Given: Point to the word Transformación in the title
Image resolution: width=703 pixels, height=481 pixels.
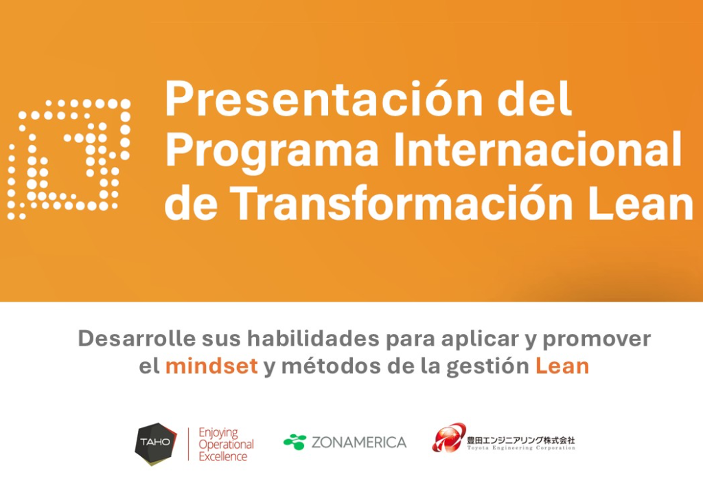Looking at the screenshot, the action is [x=402, y=201].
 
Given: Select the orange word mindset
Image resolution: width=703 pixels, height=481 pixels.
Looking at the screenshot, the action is [x=211, y=366].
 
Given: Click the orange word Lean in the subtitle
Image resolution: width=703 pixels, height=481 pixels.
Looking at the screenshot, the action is [x=562, y=366].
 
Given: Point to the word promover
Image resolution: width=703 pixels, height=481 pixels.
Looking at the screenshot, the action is [x=597, y=339].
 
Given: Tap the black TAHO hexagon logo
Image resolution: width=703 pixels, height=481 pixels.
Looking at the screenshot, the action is [x=156, y=444].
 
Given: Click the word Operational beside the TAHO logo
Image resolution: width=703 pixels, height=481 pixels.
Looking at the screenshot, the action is [x=226, y=445].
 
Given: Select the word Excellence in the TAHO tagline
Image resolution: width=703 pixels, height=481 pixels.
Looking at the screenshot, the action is [x=223, y=457].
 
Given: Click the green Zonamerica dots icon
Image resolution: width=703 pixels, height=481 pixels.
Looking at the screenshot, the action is [x=295, y=442].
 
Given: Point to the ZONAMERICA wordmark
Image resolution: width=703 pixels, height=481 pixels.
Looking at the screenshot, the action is [x=359, y=443].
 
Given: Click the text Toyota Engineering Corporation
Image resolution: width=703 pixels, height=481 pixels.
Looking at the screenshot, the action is [x=521, y=448].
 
